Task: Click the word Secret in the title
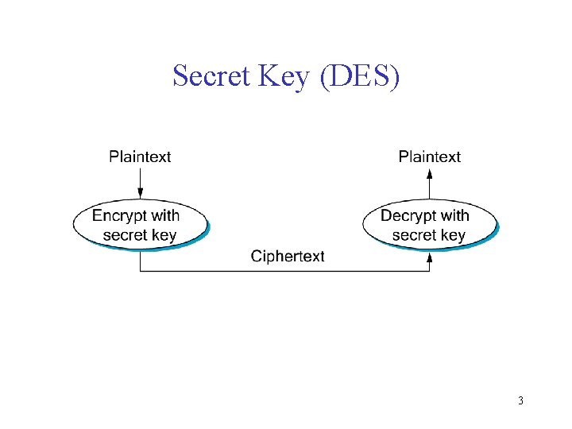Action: tap(211, 76)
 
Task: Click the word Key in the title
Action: tap(284, 77)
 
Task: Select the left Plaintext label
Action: tap(140, 157)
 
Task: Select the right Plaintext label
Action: tap(429, 157)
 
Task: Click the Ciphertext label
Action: tap(288, 256)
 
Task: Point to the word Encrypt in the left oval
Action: tap(120, 215)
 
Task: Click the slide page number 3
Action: tap(520, 400)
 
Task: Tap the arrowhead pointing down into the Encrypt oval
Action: tap(140, 193)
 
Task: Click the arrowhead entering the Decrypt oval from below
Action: tap(430, 256)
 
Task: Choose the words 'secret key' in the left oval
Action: tap(140, 235)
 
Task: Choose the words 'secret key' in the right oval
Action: tap(429, 235)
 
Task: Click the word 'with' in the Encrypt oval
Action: tap(166, 215)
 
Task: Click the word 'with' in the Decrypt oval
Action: tap(455, 215)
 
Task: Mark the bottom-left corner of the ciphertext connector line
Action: tap(141, 272)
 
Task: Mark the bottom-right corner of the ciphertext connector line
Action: tap(430, 272)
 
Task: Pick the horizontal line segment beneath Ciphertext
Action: tap(286, 272)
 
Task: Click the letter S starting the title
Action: tap(180, 76)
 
